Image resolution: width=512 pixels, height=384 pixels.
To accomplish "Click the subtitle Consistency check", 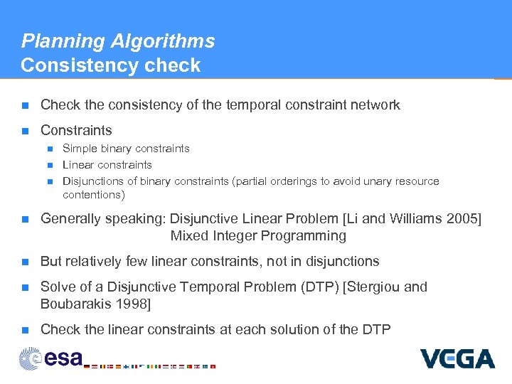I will click(110, 65).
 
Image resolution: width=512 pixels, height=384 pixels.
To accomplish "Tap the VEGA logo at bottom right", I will click(457, 358).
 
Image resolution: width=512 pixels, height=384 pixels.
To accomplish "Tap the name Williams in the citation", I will click(413, 218).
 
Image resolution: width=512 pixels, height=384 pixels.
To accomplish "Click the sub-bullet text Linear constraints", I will click(107, 165).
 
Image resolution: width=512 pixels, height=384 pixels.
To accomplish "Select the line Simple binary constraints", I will click(126, 149).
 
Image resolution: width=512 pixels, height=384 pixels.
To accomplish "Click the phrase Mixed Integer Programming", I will click(258, 235).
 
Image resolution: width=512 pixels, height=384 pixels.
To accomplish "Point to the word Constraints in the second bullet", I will click(76, 130).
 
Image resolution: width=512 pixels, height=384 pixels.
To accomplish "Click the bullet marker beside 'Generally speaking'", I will click(25, 219).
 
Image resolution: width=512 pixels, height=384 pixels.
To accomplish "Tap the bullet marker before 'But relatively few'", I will click(25, 262).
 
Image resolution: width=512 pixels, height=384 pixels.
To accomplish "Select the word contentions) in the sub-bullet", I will click(93, 195).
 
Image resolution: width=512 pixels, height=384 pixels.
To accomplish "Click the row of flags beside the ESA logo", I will click(149, 366).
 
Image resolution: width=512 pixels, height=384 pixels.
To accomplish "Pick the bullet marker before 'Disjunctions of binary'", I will click(49, 181).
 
